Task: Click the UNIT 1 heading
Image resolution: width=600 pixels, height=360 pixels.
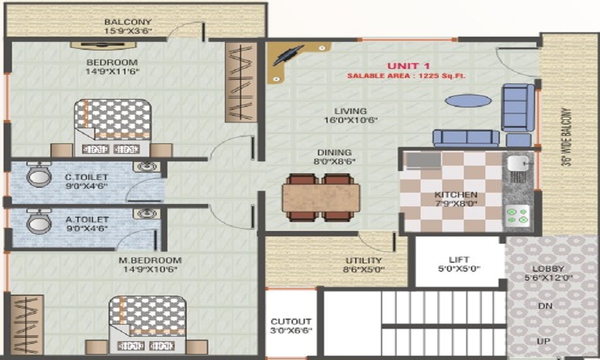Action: point(409,65)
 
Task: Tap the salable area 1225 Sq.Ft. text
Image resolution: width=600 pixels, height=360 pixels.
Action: point(406,76)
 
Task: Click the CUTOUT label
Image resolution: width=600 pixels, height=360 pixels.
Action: point(291,322)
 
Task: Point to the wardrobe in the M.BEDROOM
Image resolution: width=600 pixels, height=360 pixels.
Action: point(27,324)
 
